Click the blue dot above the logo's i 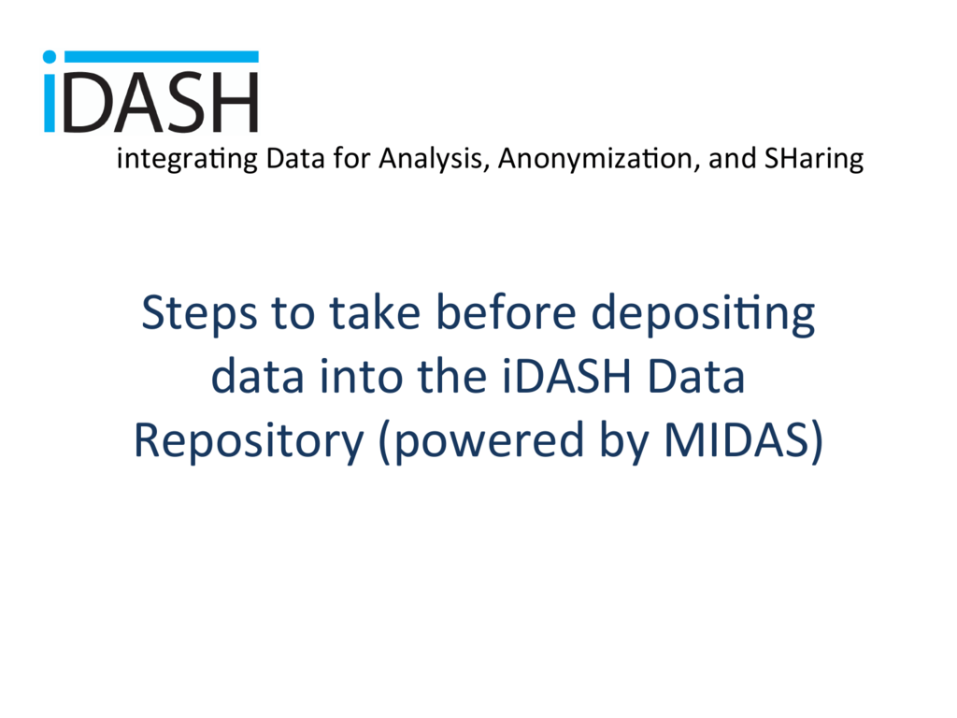(50, 57)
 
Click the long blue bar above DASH (161, 57)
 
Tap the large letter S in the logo (187, 103)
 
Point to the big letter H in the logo (236, 103)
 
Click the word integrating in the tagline (187, 159)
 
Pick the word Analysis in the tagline (433, 159)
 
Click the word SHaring (814, 159)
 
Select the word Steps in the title (200, 314)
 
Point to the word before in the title (506, 312)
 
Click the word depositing (703, 314)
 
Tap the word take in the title (376, 312)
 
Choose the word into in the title (361, 376)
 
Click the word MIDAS (737, 439)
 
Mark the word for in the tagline (351, 158)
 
